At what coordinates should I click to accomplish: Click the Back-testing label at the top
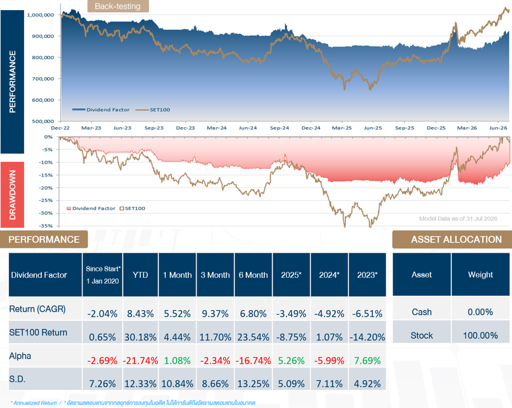(118, 6)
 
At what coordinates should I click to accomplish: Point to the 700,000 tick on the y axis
(43, 79)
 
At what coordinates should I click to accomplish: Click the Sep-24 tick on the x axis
(280, 128)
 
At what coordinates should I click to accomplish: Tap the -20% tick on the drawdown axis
(46, 188)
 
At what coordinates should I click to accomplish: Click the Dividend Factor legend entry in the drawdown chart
(91, 209)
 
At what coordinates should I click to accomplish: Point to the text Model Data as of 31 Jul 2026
(458, 219)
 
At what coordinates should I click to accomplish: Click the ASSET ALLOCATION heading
(456, 239)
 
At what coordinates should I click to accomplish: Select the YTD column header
(141, 275)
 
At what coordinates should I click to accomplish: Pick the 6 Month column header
(253, 275)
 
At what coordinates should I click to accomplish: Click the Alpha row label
(20, 356)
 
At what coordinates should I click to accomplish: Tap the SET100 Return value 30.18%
(141, 337)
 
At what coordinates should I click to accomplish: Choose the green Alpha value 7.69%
(367, 360)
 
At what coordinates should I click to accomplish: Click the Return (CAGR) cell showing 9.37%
(215, 313)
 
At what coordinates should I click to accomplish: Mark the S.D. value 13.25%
(253, 384)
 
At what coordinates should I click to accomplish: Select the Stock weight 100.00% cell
(481, 335)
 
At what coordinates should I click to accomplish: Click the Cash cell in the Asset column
(421, 312)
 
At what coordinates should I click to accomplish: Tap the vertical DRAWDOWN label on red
(12, 195)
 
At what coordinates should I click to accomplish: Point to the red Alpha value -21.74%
(141, 360)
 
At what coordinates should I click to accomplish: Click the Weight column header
(481, 274)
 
